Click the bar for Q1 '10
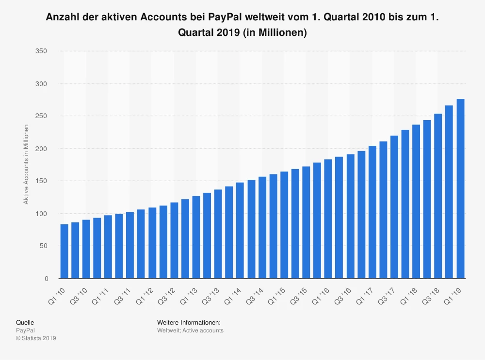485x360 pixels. point(64,251)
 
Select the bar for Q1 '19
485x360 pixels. point(460,189)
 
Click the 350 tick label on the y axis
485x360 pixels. point(42,51)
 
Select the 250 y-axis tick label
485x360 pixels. point(42,116)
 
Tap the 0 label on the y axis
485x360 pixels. point(46,279)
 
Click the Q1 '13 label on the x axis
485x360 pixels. point(189,295)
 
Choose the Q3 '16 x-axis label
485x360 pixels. point(342,295)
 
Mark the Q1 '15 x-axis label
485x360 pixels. point(276,295)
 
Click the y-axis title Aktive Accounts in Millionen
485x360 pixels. point(27,164)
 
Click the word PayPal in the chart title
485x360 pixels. point(226,18)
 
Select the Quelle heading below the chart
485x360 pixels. point(25,322)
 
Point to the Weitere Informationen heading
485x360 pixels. point(189,322)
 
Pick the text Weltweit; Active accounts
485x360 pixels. point(190,330)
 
